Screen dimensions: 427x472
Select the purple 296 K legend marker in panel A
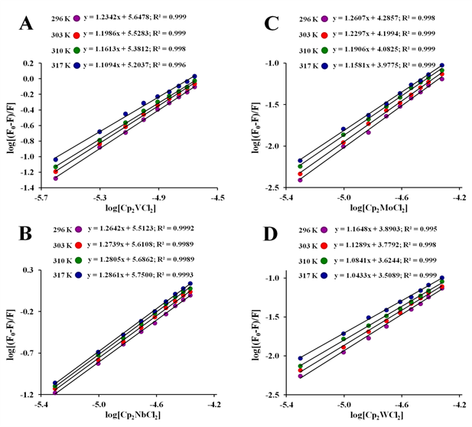click(76, 16)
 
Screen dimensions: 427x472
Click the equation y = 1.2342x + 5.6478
click(143, 16)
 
